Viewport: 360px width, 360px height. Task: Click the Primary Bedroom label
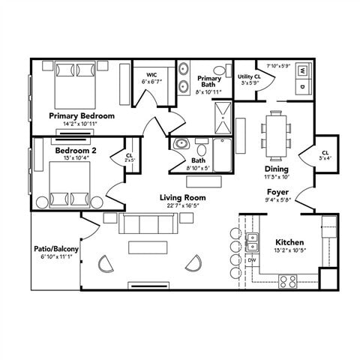[x=82, y=116]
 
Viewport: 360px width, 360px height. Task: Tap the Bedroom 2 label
[x=73, y=150]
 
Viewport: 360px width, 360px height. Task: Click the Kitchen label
[x=289, y=242]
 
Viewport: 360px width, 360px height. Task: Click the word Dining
[x=276, y=169]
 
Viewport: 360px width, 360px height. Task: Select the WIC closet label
[x=151, y=75]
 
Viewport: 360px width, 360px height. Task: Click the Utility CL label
[x=249, y=76]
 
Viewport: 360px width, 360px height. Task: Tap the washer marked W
[x=302, y=71]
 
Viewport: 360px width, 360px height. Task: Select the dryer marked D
[x=302, y=86]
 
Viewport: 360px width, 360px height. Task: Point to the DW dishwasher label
[x=252, y=260]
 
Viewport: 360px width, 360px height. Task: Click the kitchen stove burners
[x=289, y=281]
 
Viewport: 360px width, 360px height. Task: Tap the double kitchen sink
[x=253, y=241]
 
